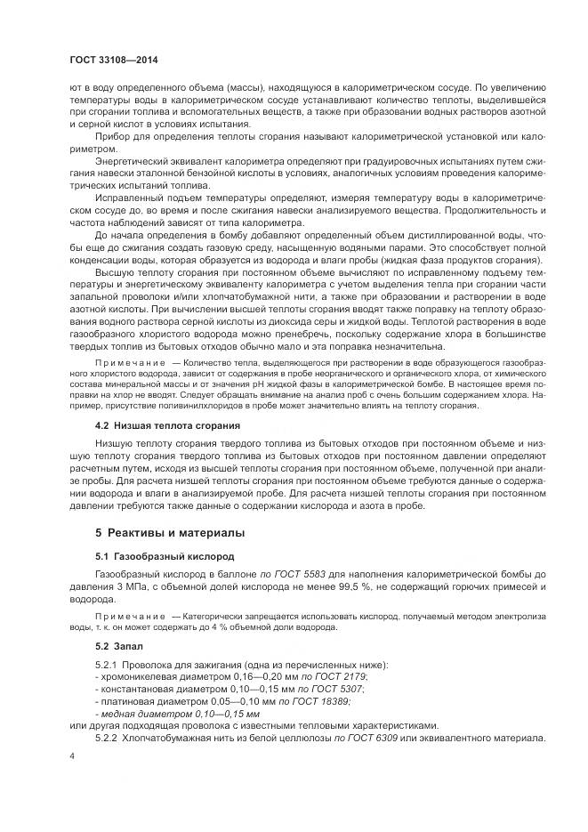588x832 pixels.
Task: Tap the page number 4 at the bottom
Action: tap(71, 755)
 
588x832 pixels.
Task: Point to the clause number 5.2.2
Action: tap(107, 738)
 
